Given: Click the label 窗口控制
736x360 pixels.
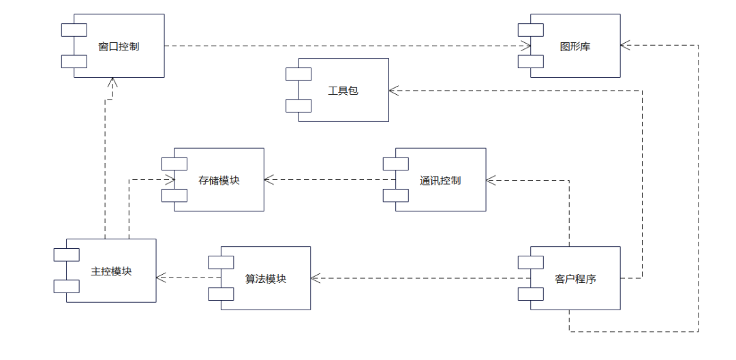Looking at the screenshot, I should pyautogui.click(x=119, y=46).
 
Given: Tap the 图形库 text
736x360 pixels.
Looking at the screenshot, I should pyautogui.click(x=574, y=46).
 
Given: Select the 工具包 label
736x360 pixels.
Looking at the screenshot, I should pyautogui.click(x=343, y=90).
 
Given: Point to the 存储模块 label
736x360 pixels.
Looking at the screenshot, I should pyautogui.click(x=219, y=180).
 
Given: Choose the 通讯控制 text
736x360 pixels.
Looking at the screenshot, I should pyautogui.click(x=440, y=180).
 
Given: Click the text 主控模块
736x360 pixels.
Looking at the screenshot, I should pyautogui.click(x=111, y=271).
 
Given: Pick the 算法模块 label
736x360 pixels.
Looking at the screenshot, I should pyautogui.click(x=266, y=278).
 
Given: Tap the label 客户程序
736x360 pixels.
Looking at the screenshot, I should pyautogui.click(x=576, y=278).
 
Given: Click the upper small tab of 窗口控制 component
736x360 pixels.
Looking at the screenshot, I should pyautogui.click(x=74, y=29).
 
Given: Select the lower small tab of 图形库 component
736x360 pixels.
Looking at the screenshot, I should pyautogui.click(x=530, y=62).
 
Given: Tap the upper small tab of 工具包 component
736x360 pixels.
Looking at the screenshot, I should pyautogui.click(x=298, y=74).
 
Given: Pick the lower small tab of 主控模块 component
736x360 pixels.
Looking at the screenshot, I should pyautogui.click(x=67, y=286).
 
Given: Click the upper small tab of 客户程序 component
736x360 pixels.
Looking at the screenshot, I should pyautogui.click(x=530, y=262).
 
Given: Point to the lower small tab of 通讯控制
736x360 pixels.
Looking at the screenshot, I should pyautogui.click(x=395, y=196).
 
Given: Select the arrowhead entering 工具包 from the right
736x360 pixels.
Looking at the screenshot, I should pyautogui.click(x=394, y=90).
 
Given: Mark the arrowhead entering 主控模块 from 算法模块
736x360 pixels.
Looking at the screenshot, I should pyautogui.click(x=161, y=277).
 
